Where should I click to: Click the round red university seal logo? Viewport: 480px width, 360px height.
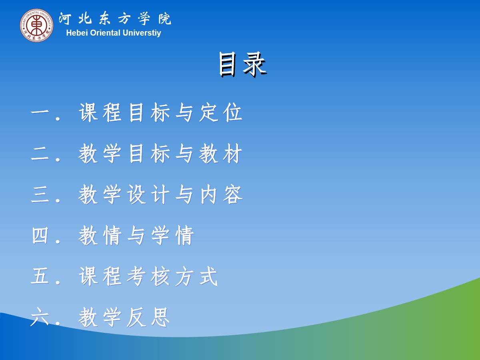tap(36, 25)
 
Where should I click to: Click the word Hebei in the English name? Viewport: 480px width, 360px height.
tap(77, 33)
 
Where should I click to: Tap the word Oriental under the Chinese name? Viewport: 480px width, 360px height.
tap(105, 33)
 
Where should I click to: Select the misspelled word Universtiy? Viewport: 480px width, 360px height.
tap(142, 33)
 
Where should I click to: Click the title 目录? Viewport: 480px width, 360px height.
tap(242, 64)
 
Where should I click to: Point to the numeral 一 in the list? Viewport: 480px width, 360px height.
tap(40, 113)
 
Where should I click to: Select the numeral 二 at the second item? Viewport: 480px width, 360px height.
tap(40, 154)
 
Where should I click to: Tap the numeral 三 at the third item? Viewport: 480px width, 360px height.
tap(40, 194)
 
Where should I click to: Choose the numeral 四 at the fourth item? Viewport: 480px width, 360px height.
tap(40, 236)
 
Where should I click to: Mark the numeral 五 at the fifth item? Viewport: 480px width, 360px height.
tap(40, 276)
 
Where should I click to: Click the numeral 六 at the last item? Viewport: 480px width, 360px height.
tap(40, 317)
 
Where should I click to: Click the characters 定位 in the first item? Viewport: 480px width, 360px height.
tap(221, 113)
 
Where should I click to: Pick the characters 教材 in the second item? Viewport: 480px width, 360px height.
tap(221, 154)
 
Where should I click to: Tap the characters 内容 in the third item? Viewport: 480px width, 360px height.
tap(221, 194)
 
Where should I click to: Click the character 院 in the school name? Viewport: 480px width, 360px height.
tap(165, 19)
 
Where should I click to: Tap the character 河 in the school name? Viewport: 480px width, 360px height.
tap(65, 19)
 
